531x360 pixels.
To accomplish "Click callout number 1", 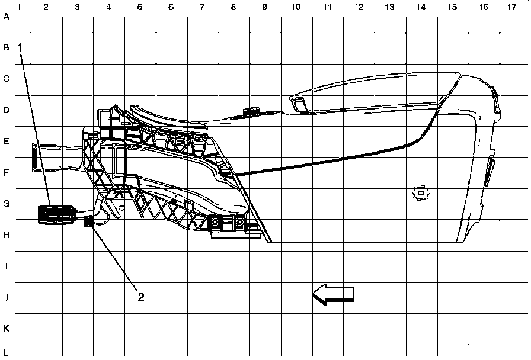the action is (21, 46).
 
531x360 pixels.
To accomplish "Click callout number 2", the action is (141, 297).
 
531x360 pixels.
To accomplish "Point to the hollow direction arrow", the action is (333, 294).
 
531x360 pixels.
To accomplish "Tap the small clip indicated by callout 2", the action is (89, 222).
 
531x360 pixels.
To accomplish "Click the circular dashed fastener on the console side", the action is (421, 192).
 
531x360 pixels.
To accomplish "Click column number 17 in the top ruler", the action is (511, 7).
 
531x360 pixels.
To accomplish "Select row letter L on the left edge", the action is (7, 352).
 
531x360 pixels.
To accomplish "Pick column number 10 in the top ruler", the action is (295, 7).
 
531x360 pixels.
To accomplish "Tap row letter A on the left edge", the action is (7, 16).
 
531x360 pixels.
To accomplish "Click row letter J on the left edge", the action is (7, 297).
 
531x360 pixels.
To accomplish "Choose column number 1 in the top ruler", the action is (20, 7).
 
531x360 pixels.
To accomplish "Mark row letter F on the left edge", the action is (7, 173).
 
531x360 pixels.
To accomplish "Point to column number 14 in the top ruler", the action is (421, 7).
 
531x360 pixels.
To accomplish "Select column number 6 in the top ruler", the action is (171, 7).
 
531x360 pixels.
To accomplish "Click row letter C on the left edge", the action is (7, 79).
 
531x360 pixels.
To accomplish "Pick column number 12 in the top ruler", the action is (358, 7).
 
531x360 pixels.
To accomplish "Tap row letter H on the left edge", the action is (7, 235).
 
